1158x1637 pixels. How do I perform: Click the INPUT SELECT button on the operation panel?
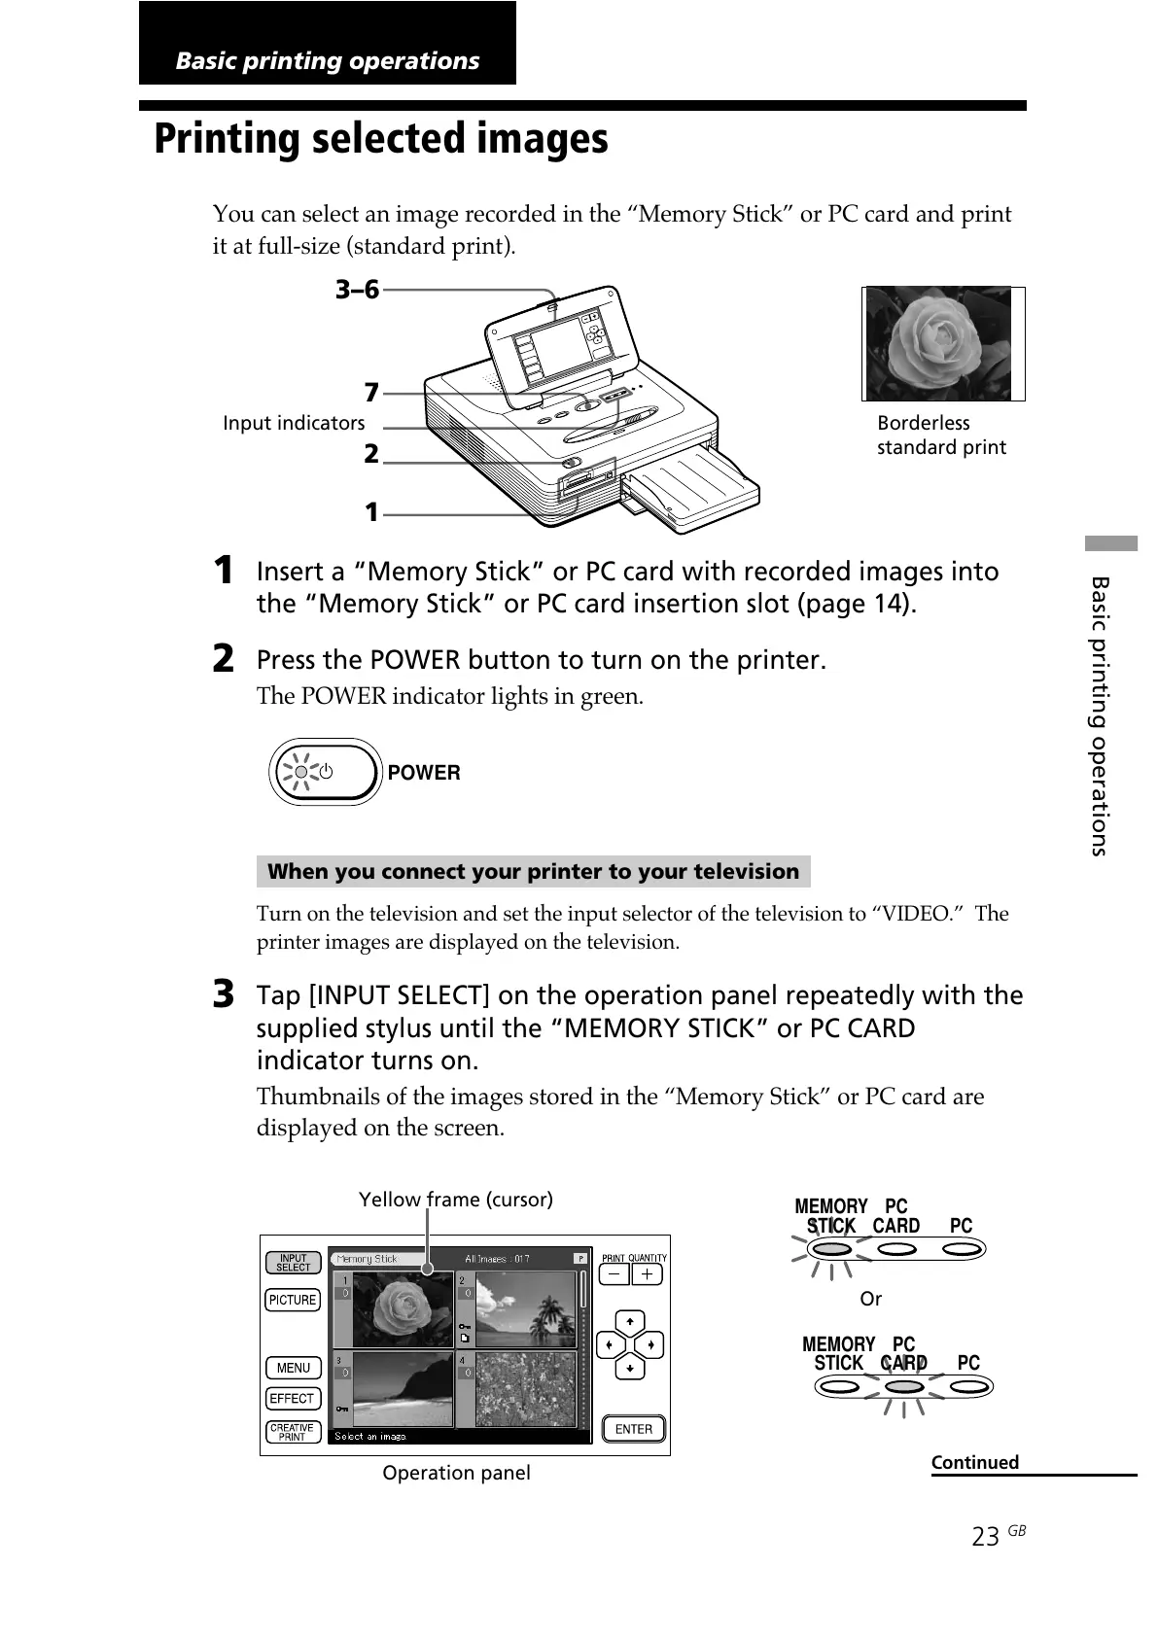(293, 1262)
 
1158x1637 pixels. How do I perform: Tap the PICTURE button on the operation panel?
(293, 1300)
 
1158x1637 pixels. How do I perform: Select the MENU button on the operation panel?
(293, 1368)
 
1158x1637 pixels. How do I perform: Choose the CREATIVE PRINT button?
(293, 1432)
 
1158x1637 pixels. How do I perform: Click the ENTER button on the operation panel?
(633, 1429)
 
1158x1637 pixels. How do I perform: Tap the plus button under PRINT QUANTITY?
(648, 1273)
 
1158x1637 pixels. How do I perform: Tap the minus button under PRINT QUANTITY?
(614, 1273)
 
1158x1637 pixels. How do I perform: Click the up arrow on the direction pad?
(630, 1322)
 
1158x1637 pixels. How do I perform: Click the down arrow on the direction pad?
(630, 1368)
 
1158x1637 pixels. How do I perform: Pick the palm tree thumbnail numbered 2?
(522, 1309)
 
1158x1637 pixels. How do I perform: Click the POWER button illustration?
(325, 772)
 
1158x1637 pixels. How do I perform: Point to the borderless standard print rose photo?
(938, 343)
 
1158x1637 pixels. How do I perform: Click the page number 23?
(985, 1536)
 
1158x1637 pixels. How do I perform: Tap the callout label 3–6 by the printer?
(357, 290)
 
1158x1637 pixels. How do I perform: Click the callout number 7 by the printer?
(371, 393)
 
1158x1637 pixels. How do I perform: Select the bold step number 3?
(224, 994)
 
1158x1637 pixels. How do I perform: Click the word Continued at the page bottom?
(974, 1462)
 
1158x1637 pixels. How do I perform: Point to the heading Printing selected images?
(381, 139)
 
